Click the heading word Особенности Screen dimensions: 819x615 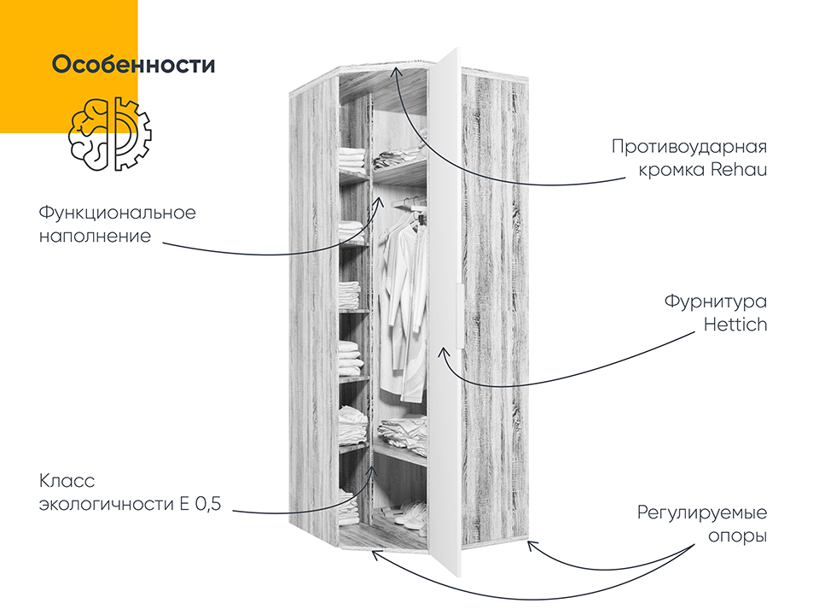point(133,64)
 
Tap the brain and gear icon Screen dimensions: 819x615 point(110,134)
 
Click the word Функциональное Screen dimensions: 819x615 point(118,214)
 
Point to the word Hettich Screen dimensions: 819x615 point(735,325)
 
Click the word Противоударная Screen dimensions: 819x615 point(689,147)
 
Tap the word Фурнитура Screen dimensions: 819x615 point(716,302)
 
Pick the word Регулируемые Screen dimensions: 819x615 point(702,513)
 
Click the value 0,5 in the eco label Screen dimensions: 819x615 point(208,504)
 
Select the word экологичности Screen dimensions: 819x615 point(107,505)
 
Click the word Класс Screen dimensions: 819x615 point(67,481)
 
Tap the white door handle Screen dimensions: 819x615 point(459,316)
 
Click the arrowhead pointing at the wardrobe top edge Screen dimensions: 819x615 point(397,71)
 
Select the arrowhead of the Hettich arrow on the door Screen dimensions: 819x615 point(443,352)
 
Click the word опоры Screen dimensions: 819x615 point(737,537)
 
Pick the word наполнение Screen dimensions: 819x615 point(95,237)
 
